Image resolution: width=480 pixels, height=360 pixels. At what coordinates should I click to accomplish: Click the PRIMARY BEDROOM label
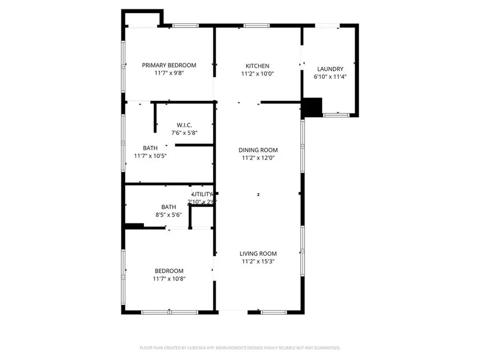pos(169,65)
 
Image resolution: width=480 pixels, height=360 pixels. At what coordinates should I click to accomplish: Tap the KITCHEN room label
pos(257,66)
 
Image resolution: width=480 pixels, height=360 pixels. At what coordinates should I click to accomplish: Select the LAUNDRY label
pos(330,69)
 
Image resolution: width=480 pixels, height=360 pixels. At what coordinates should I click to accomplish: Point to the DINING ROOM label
pos(258,150)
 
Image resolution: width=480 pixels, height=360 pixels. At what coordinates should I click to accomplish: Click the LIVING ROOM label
pos(258,253)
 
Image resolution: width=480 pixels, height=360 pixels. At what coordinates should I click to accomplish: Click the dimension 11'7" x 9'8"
pos(169,74)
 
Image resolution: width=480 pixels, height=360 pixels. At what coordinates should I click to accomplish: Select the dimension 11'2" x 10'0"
pos(257,75)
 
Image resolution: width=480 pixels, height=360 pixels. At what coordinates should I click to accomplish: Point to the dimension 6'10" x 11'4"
pos(330,77)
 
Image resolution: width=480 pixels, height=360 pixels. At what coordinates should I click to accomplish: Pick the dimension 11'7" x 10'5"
pos(151,156)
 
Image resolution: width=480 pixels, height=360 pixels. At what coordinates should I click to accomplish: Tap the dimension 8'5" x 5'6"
pos(169,215)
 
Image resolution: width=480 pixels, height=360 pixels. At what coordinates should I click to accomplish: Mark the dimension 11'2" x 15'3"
pos(258,261)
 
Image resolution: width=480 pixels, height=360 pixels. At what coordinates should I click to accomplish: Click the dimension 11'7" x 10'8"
pos(169,278)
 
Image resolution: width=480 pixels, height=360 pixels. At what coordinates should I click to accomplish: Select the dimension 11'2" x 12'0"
pos(258,158)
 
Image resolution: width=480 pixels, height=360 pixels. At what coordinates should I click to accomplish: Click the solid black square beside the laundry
pos(313,107)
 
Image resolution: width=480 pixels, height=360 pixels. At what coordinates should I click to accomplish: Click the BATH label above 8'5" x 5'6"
pos(169,207)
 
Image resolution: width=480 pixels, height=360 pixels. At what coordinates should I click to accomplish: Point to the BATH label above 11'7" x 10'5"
pos(150,148)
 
